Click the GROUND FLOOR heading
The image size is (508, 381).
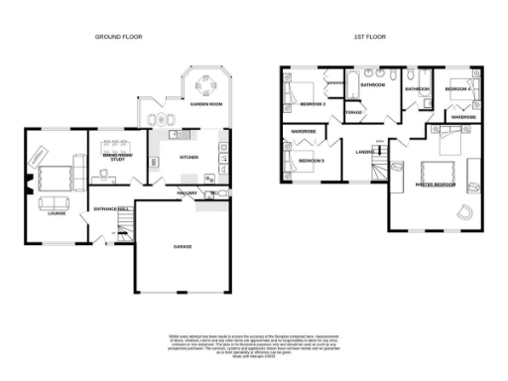[x=118, y=37]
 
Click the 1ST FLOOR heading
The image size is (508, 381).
[x=368, y=37]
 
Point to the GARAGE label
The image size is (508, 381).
[x=183, y=245]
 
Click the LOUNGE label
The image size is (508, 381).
[x=56, y=212]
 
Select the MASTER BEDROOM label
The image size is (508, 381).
[x=434, y=185]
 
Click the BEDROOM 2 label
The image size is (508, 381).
[x=313, y=102]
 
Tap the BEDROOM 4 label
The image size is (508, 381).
[x=457, y=89]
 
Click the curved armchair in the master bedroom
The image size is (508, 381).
[x=462, y=210]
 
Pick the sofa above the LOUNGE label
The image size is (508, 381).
[x=55, y=203]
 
